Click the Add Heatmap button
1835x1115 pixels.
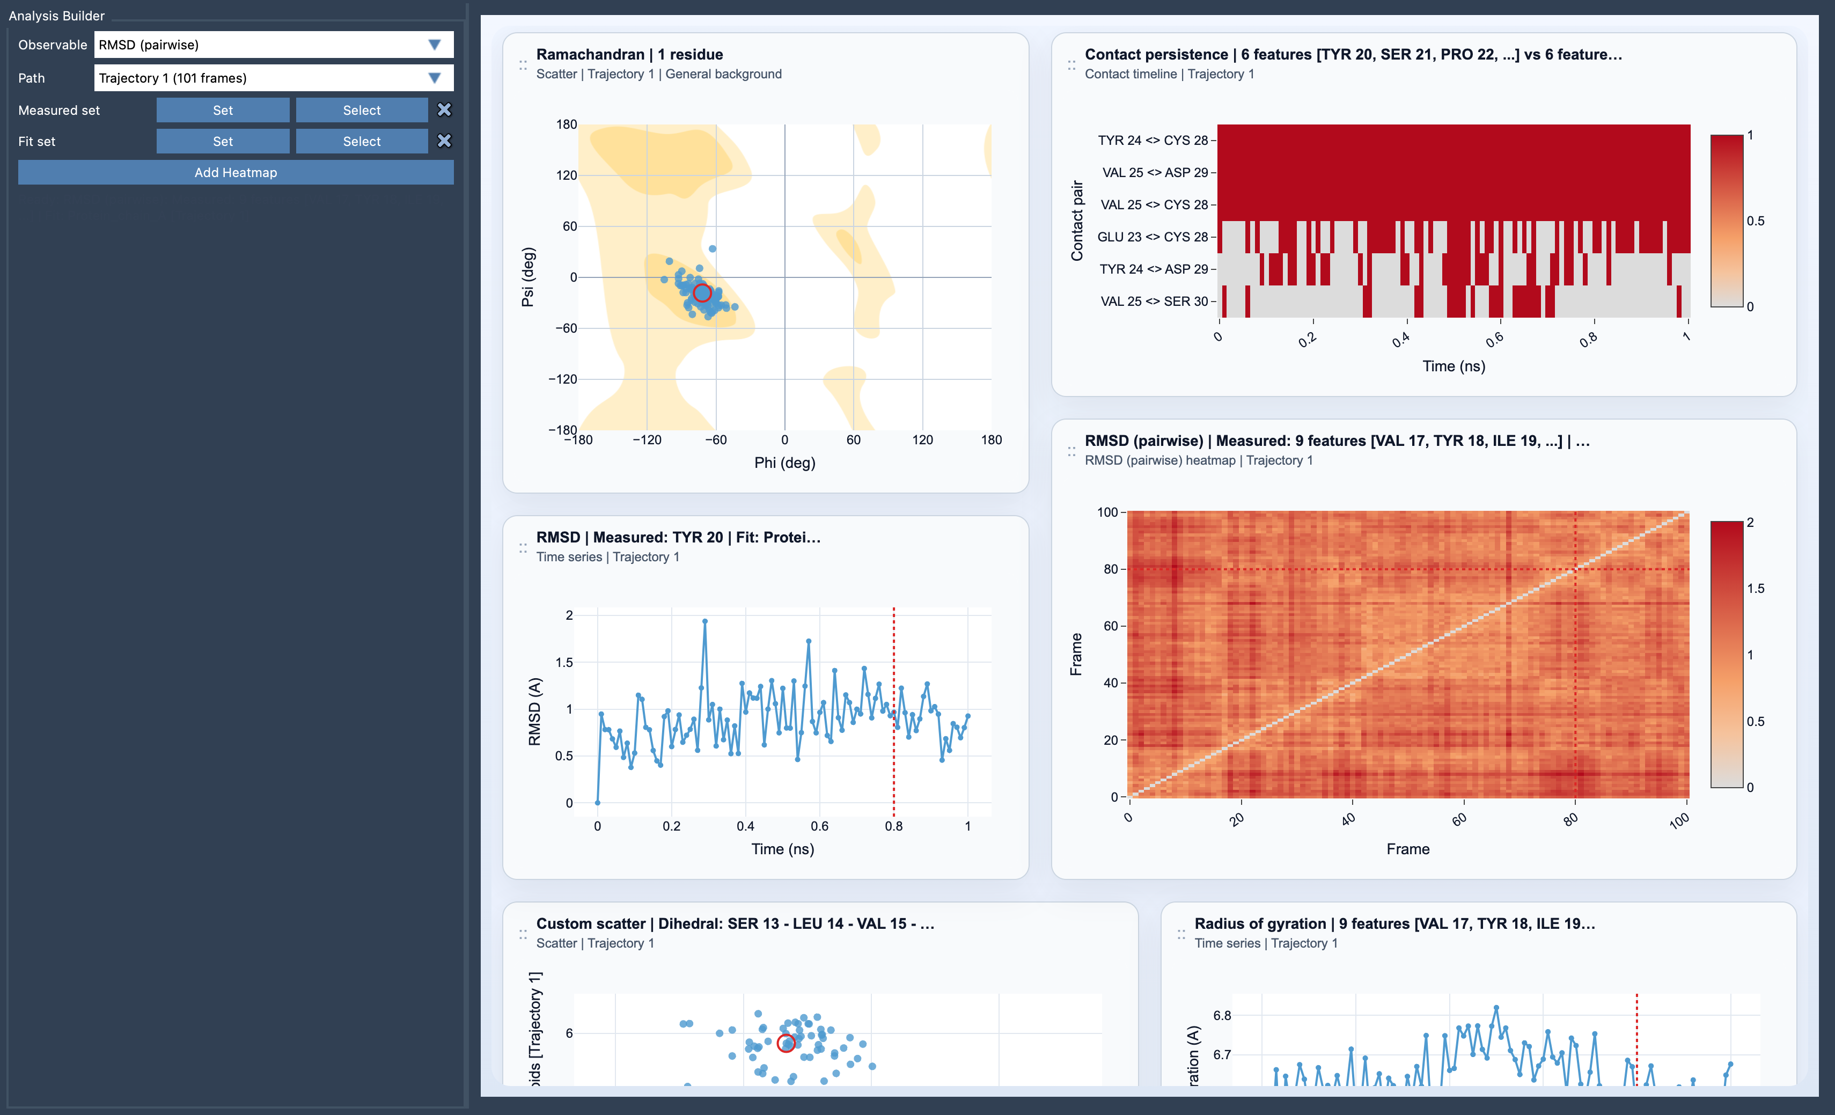236,172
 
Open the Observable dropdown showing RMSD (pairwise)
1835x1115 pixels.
273,45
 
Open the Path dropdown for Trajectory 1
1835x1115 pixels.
273,77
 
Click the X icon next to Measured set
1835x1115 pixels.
444,109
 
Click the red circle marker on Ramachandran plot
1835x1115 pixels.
701,293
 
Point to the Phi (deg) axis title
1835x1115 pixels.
784,463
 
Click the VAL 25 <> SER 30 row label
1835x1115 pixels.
1154,301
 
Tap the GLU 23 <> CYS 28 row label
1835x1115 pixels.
1152,237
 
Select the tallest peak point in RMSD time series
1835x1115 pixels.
704,620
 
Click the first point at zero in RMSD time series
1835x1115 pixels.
597,802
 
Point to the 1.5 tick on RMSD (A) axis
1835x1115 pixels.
564,662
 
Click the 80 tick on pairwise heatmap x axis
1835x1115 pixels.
1570,819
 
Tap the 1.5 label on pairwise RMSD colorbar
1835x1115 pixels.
1755,589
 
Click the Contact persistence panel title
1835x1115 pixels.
1353,54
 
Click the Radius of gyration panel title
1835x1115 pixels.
1394,923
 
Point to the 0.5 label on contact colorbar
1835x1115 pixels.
1755,221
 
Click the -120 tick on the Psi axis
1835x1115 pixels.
563,379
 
